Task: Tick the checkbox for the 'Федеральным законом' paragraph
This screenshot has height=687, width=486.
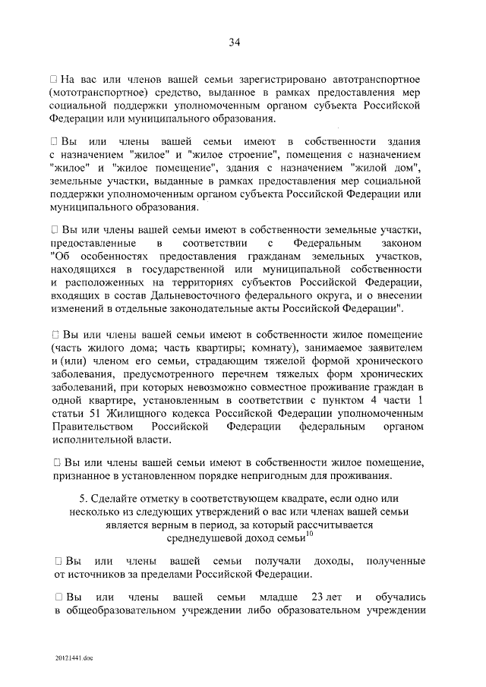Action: (54, 229)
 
